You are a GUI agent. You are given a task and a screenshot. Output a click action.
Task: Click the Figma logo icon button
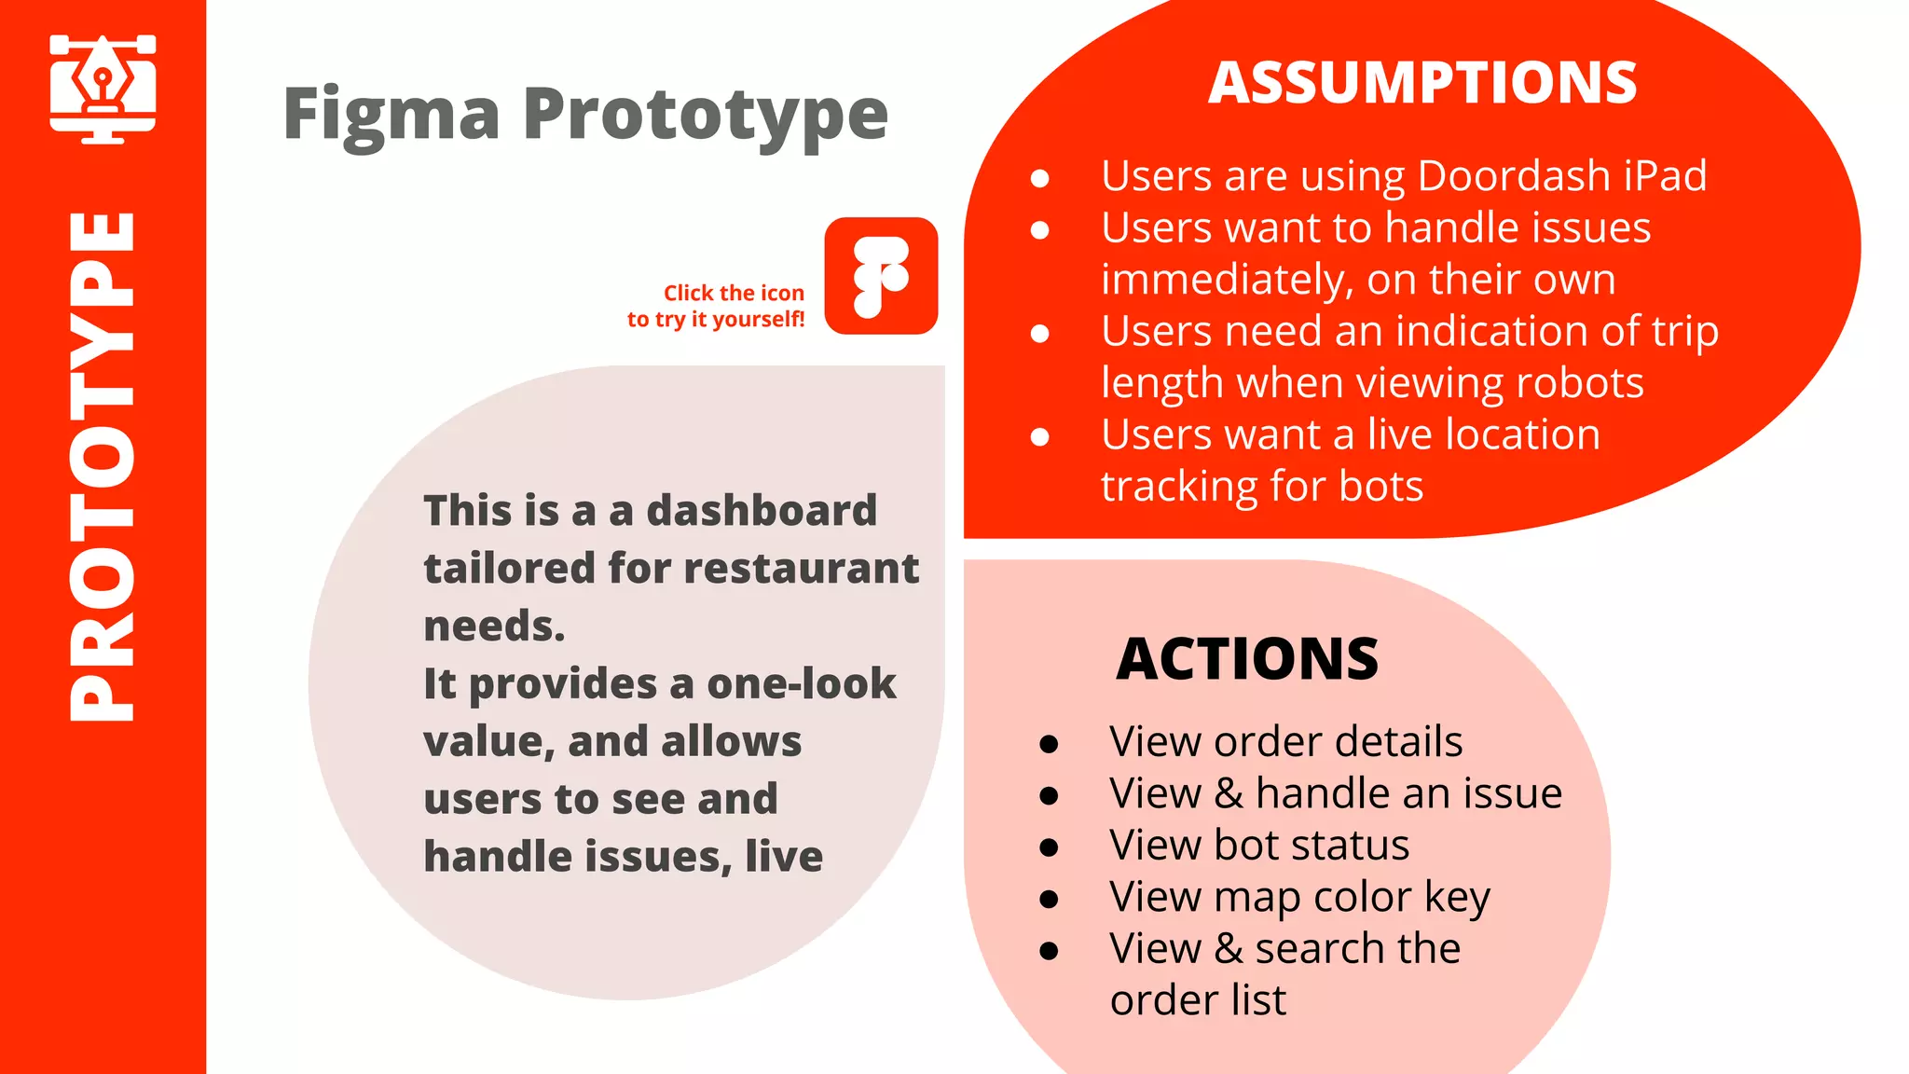coord(881,276)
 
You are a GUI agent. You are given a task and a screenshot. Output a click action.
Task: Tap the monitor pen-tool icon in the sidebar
coord(103,89)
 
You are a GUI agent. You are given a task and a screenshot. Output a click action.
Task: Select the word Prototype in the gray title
coord(705,115)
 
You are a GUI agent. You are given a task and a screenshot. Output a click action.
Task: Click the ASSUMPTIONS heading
coord(1422,83)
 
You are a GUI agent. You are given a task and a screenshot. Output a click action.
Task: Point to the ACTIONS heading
coord(1247,659)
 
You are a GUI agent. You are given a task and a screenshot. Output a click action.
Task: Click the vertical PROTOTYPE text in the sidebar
coord(103,466)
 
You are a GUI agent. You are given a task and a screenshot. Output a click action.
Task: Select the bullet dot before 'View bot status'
coord(1049,847)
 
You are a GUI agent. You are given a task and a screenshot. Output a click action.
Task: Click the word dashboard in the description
coord(762,511)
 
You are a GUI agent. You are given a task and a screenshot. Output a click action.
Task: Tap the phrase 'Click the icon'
coord(734,293)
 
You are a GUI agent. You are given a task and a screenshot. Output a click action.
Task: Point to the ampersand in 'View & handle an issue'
coord(1229,794)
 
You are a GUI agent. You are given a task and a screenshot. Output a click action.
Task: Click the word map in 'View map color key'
coord(1257,898)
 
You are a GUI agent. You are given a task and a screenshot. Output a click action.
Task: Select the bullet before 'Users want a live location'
coord(1040,436)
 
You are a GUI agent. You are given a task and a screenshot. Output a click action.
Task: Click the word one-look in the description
coord(802,684)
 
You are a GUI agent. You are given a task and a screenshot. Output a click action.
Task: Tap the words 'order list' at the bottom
coord(1198,1000)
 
